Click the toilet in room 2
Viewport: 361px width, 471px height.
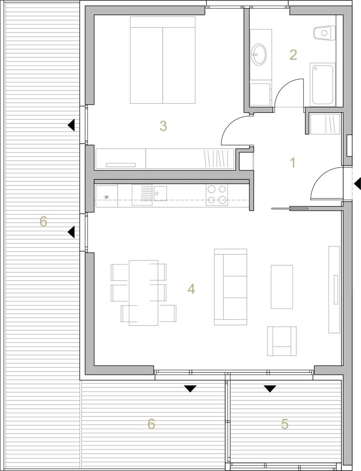click(x=323, y=33)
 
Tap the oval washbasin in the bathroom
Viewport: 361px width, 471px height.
click(x=259, y=54)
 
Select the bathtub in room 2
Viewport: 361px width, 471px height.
click(x=322, y=84)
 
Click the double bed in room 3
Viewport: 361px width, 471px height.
click(x=163, y=60)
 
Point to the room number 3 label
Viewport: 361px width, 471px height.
click(x=163, y=126)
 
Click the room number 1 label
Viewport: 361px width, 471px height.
click(x=293, y=162)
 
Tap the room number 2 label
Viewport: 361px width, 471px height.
click(x=293, y=55)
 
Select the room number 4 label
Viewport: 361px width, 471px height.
click(x=191, y=289)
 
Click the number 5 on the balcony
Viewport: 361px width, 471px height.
click(x=284, y=424)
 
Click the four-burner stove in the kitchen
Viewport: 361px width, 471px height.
click(x=217, y=195)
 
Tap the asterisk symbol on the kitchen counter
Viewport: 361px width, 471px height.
click(x=106, y=197)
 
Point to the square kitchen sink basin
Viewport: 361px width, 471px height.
click(x=160, y=193)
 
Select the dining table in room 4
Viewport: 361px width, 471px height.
click(x=144, y=292)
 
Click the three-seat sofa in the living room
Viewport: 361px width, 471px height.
click(x=231, y=287)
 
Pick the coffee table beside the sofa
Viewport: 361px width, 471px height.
click(x=282, y=287)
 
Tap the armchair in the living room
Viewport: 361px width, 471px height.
click(x=282, y=341)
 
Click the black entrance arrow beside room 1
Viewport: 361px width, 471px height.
click(x=357, y=184)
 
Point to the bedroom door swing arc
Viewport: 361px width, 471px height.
click(x=230, y=122)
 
